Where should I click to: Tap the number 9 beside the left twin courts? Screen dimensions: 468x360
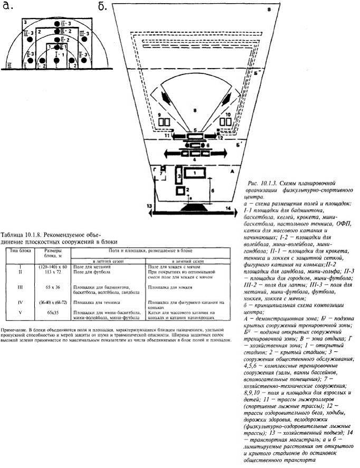pyautogui.click(x=158, y=114)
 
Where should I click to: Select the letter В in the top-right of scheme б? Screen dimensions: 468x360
pyautogui.click(x=268, y=10)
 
